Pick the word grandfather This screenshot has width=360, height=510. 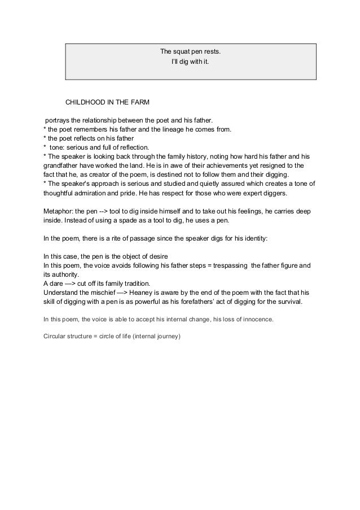point(63,166)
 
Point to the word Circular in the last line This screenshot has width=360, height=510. point(56,338)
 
